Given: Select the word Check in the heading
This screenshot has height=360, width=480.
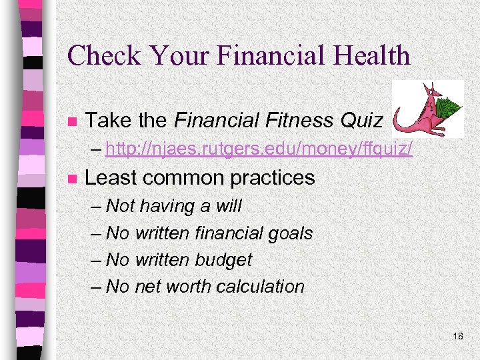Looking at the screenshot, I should (x=100, y=55).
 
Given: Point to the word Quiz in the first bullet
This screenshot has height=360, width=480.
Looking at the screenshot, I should (x=361, y=121).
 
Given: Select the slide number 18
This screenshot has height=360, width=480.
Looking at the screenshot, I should (x=457, y=336).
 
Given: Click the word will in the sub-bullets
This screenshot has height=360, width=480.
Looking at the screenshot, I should (x=229, y=206).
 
